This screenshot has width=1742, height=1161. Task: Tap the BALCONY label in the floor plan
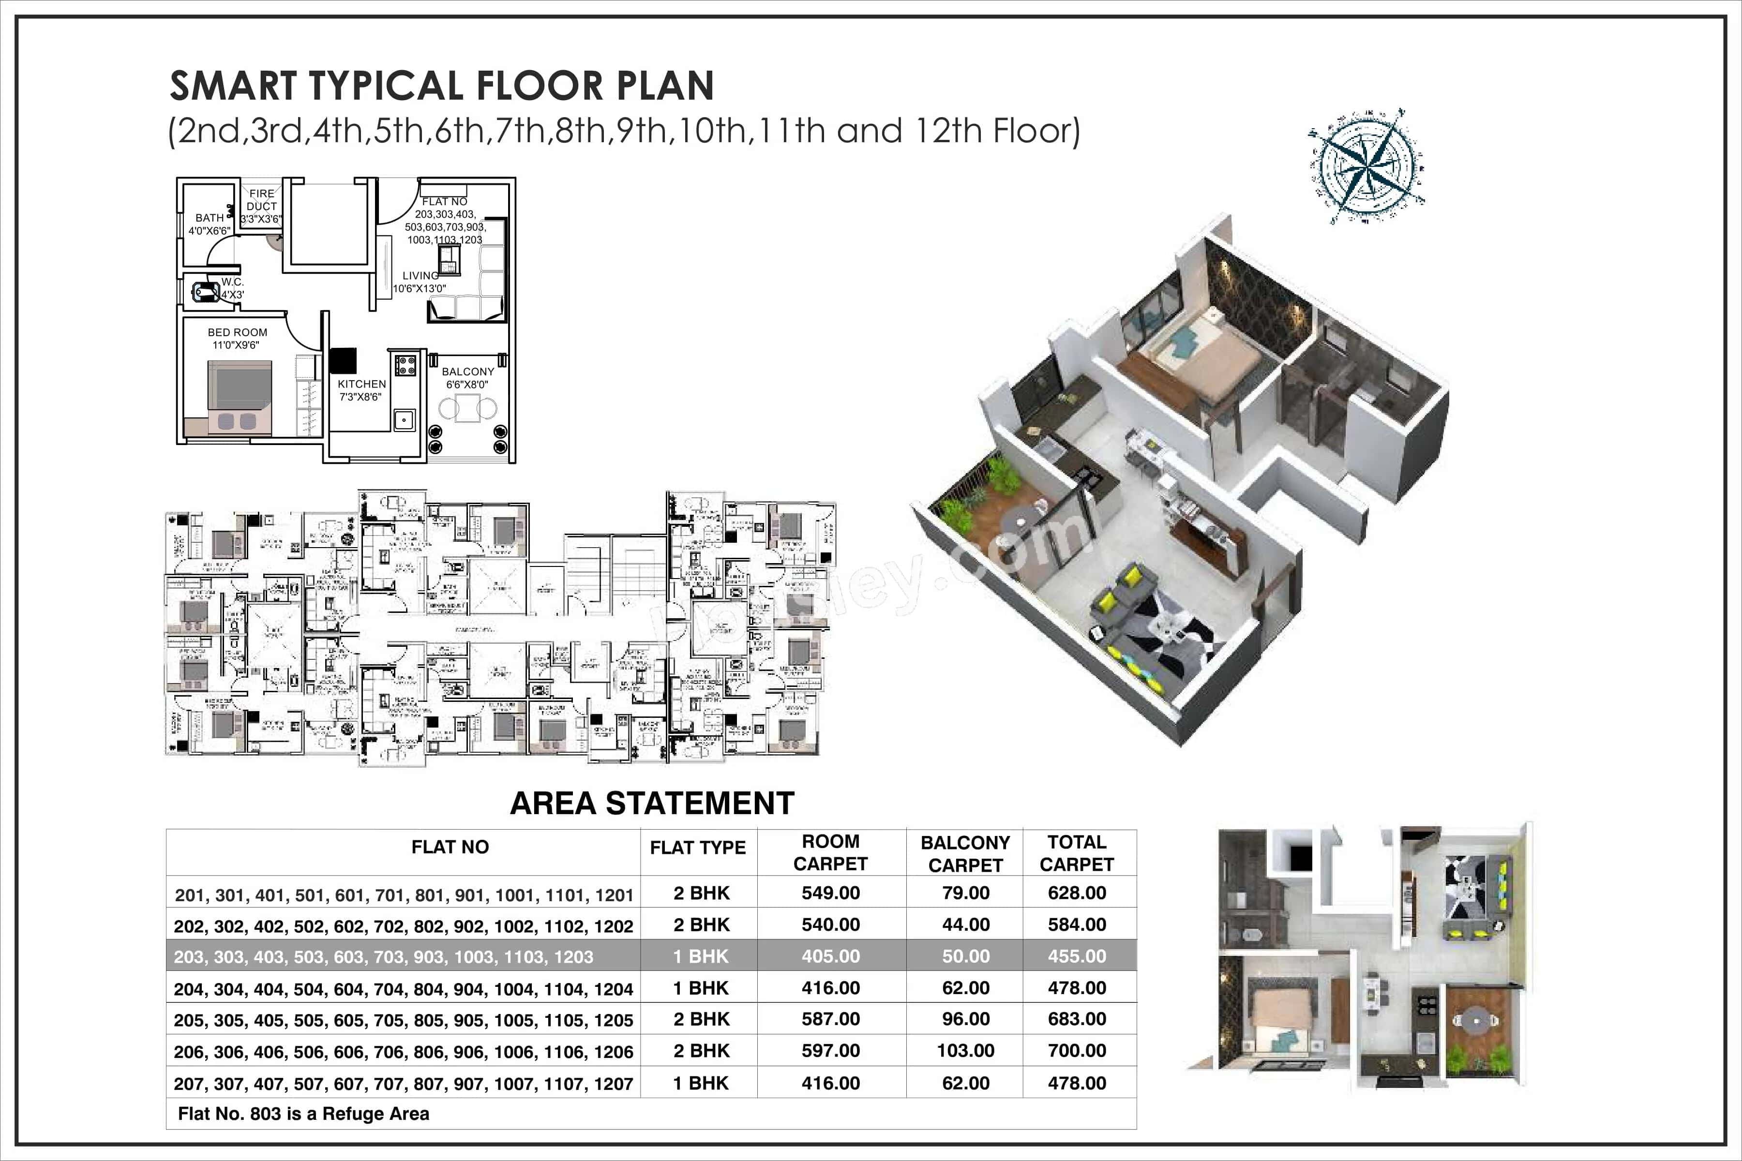(x=467, y=372)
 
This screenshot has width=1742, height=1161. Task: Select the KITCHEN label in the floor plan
(x=361, y=384)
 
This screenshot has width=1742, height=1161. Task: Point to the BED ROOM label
(x=237, y=332)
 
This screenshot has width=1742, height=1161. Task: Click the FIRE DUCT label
(x=261, y=200)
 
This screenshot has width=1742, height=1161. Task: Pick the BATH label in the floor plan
(x=210, y=218)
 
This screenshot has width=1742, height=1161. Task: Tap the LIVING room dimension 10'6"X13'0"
(x=419, y=289)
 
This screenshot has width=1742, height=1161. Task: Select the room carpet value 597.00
(x=830, y=1051)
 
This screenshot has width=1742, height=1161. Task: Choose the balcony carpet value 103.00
(x=965, y=1051)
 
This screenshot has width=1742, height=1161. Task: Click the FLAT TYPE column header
(x=698, y=848)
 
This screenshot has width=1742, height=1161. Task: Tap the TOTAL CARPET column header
(x=1076, y=853)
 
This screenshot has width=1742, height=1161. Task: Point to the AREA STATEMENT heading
(x=652, y=804)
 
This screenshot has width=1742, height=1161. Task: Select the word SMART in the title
(x=233, y=86)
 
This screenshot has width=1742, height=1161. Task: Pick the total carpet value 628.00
(x=1076, y=893)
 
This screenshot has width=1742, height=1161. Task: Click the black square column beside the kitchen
(x=343, y=360)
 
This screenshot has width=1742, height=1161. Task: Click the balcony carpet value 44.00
(x=965, y=925)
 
